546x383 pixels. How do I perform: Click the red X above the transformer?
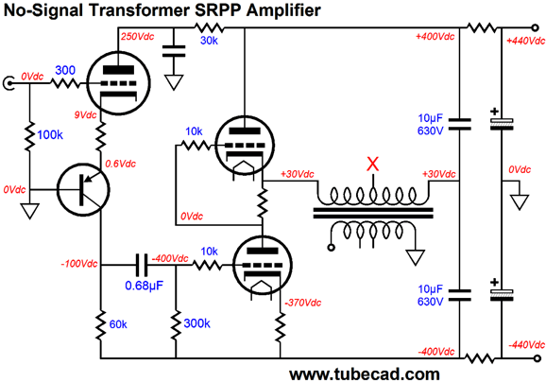point(372,164)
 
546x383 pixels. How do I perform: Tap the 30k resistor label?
point(209,41)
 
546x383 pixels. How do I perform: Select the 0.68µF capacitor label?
point(145,286)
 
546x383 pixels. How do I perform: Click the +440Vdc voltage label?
point(525,41)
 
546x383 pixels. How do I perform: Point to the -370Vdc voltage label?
point(302,303)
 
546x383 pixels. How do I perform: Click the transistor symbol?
point(83,190)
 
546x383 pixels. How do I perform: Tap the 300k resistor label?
point(196,323)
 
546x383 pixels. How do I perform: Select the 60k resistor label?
point(118,324)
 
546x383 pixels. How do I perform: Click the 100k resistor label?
point(50,135)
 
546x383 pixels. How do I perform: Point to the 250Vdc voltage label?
point(137,37)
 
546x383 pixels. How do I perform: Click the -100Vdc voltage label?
point(79,264)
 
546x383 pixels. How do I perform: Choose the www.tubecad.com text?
point(365,374)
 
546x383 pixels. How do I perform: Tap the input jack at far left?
point(9,83)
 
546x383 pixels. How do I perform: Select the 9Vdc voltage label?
point(85,114)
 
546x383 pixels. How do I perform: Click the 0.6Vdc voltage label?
point(120,164)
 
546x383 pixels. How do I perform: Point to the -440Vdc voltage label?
point(526,345)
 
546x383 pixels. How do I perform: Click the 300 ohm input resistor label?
point(65,70)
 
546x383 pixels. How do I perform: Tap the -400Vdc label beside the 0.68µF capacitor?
point(170,258)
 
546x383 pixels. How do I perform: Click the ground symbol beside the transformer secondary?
point(416,257)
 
